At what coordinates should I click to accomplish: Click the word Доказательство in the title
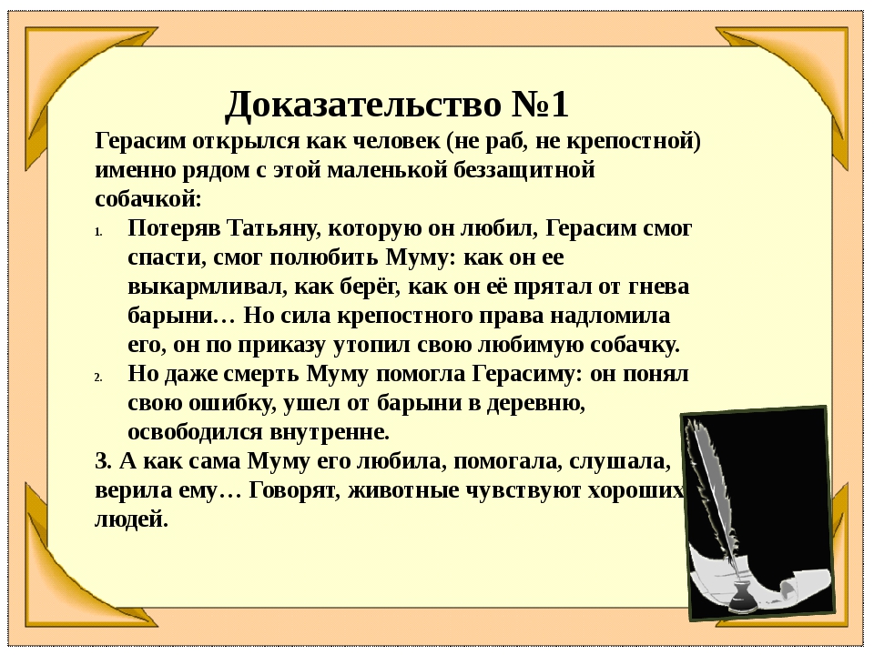(x=363, y=105)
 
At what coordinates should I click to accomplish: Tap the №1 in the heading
(x=540, y=104)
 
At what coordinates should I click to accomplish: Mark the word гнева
(x=658, y=287)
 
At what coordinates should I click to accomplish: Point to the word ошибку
(x=232, y=403)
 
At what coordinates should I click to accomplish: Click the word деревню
(x=536, y=403)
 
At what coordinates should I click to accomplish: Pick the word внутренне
(x=330, y=432)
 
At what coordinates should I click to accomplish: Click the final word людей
(x=131, y=520)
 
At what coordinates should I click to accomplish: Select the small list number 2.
(x=98, y=378)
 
